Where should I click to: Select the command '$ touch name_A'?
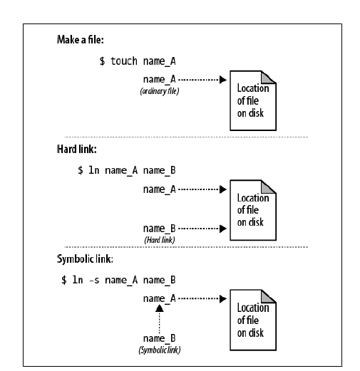point(138,61)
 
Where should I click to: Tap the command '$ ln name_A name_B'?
point(127,171)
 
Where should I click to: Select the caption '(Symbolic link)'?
point(159,350)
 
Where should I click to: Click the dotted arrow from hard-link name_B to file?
point(202,229)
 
